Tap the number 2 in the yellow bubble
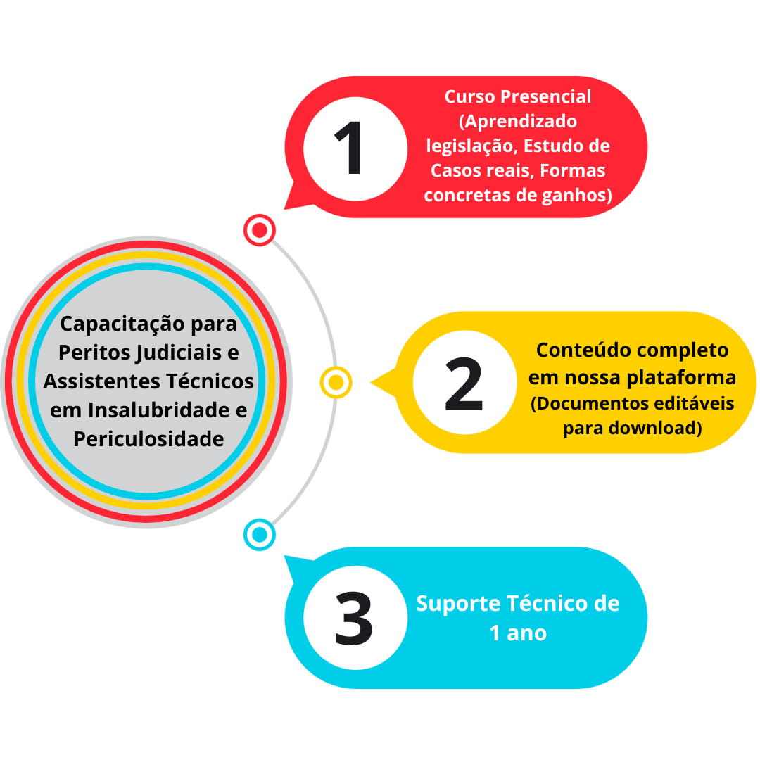tap(464, 384)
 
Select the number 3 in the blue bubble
tap(353, 619)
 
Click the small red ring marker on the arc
tap(260, 230)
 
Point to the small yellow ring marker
tap(336, 383)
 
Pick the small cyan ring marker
tap(260, 535)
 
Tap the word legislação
tap(471, 146)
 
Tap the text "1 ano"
tap(518, 633)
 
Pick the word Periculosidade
tap(148, 438)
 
